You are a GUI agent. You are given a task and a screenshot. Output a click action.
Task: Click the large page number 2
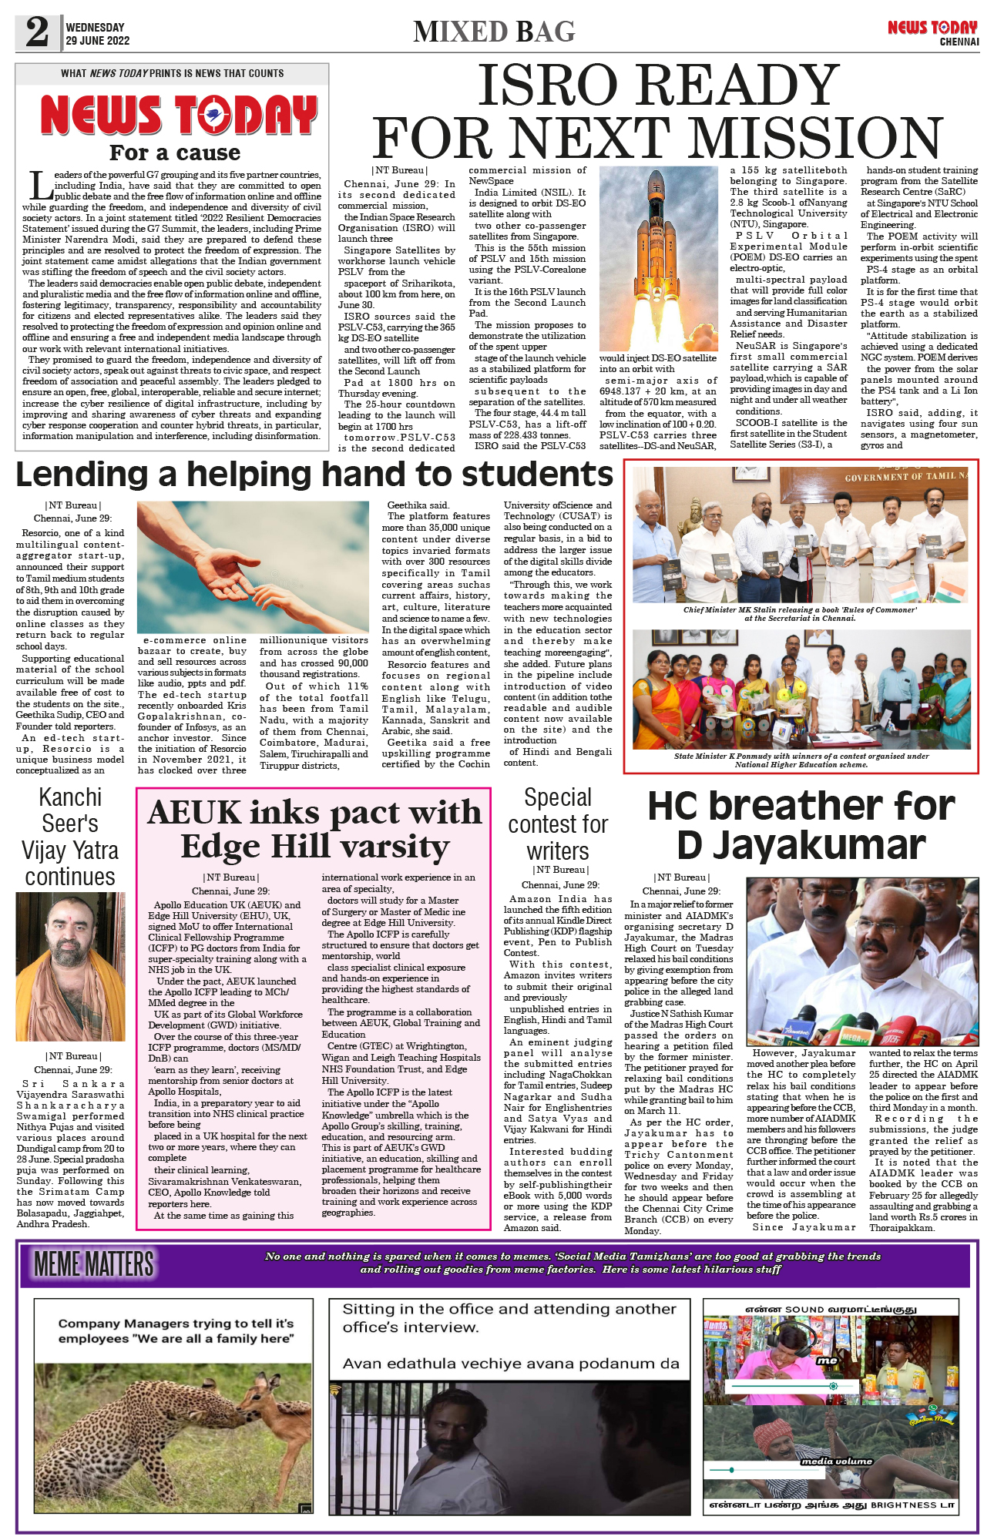tap(37, 32)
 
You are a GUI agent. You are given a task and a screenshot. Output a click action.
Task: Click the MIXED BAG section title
tap(494, 32)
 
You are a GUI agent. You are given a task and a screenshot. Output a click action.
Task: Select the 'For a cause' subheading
tap(175, 153)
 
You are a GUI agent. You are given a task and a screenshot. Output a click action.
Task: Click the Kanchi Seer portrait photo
tap(70, 966)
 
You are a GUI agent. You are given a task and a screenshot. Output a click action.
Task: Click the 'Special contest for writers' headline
tap(558, 824)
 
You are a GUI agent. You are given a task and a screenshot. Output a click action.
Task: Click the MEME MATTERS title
tap(94, 1264)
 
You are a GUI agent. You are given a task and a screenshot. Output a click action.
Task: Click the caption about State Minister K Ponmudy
tap(801, 760)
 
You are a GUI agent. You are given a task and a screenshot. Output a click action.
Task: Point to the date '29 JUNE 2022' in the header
tap(97, 41)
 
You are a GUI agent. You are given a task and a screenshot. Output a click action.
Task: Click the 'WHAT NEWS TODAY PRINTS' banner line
tap(172, 73)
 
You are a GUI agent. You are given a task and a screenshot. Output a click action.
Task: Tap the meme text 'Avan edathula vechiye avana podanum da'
tap(511, 1363)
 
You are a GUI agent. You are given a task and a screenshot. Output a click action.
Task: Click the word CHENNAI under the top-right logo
tap(959, 42)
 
